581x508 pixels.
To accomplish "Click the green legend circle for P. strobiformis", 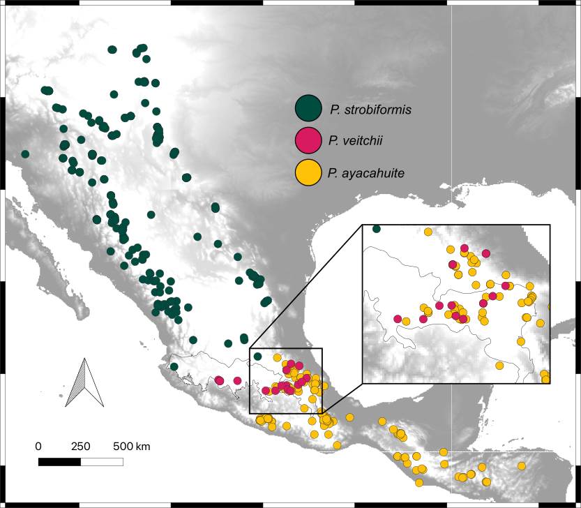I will click(308, 109).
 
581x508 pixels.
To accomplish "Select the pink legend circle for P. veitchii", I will click(308, 140).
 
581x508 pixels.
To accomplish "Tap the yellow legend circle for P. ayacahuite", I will click(308, 172).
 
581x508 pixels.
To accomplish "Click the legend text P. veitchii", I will click(355, 141).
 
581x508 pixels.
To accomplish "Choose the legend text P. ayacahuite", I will click(365, 172).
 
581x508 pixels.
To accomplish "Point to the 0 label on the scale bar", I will click(38, 446).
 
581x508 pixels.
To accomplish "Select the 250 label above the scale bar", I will click(81, 446).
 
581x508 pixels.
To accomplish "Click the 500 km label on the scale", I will click(132, 446).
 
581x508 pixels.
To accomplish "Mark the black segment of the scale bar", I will click(59, 461).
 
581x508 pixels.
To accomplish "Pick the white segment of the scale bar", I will click(102, 461).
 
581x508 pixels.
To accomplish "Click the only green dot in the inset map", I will click(377, 229).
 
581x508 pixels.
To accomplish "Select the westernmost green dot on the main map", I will click(25, 154).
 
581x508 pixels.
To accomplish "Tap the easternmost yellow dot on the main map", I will click(522, 465).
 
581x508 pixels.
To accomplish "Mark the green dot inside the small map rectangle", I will click(257, 357).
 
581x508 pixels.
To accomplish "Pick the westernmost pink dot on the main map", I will click(219, 380).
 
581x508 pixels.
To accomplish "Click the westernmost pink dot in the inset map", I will click(398, 319).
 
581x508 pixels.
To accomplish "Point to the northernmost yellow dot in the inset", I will click(428, 232).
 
